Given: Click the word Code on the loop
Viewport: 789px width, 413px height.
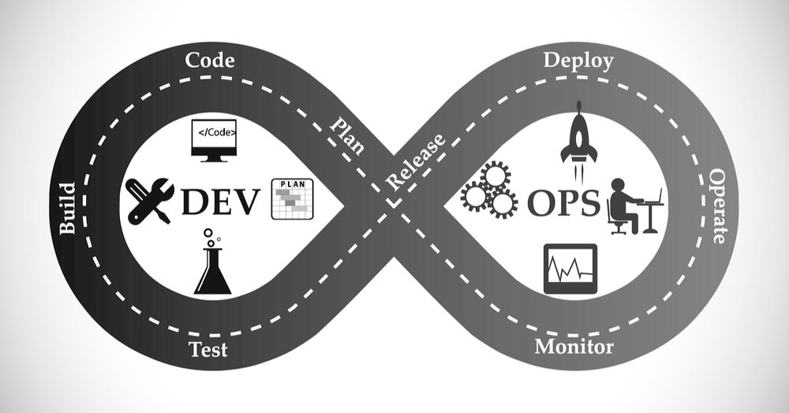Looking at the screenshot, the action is coord(210,61).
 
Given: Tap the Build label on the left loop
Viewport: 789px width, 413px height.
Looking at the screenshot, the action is coord(67,208).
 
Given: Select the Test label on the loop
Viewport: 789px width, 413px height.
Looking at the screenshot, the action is coord(208,349).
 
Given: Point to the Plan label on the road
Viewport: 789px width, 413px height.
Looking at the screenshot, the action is coord(346,134).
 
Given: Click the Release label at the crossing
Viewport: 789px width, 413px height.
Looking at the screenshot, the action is coord(416,162).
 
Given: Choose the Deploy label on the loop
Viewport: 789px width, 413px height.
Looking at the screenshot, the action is coord(578,62).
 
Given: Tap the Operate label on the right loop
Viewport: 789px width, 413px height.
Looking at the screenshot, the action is coord(717,206).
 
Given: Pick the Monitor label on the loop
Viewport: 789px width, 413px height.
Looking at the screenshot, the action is coord(574,347).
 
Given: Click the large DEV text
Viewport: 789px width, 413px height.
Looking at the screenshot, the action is coord(220,201).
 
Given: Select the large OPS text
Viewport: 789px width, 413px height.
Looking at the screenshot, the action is coord(563,203).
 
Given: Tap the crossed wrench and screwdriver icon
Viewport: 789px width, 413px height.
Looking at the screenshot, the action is coord(149,201).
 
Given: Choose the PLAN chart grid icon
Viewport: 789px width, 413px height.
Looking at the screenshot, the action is coord(293,199).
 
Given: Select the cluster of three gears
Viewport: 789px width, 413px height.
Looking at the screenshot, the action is coord(489,190).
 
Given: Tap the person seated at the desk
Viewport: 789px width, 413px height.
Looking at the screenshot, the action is coord(624,206).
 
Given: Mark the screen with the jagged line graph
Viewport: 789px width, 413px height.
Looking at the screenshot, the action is coord(570,269).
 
